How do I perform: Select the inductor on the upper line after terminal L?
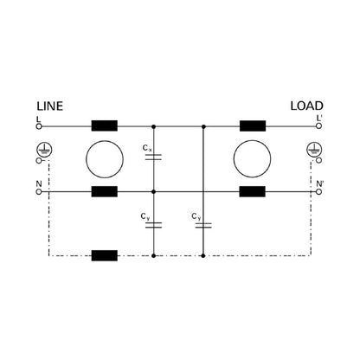click(105, 125)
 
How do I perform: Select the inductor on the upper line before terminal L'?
click(254, 125)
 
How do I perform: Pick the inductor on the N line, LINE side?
click(105, 191)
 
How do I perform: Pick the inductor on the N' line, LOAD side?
click(254, 191)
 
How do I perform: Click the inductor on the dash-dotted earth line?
click(105, 255)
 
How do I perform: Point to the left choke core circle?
click(105, 158)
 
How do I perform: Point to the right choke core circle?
click(254, 158)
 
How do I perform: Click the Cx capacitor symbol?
click(154, 158)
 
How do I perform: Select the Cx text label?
click(146, 149)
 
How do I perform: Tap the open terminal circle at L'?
click(318, 125)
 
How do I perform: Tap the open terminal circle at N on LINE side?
click(40, 191)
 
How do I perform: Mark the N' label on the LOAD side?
click(319, 183)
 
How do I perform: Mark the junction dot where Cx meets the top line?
click(154, 125)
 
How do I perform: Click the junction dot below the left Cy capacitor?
click(154, 255)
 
